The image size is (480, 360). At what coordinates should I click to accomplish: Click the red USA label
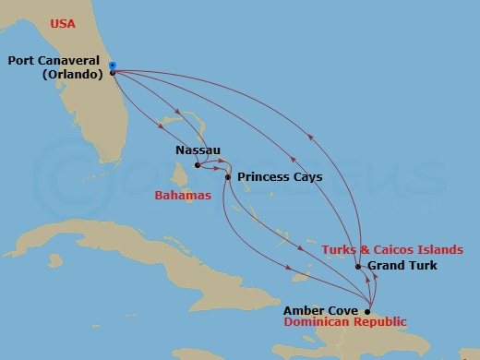click(63, 23)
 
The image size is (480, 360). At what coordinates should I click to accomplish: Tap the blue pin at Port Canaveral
click(112, 66)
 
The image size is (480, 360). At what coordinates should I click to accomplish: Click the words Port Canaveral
click(54, 62)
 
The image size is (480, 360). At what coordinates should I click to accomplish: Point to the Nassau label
click(198, 149)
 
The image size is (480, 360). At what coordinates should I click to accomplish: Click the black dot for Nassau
click(197, 166)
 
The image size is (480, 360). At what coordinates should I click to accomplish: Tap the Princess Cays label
click(280, 176)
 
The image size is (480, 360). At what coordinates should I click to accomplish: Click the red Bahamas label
click(183, 196)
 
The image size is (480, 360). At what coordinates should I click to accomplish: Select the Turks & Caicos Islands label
click(391, 250)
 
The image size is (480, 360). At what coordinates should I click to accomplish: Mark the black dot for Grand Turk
click(358, 267)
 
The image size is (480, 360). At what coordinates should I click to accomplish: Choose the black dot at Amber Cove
click(367, 311)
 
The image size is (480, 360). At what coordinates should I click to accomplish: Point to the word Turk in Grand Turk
click(421, 267)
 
